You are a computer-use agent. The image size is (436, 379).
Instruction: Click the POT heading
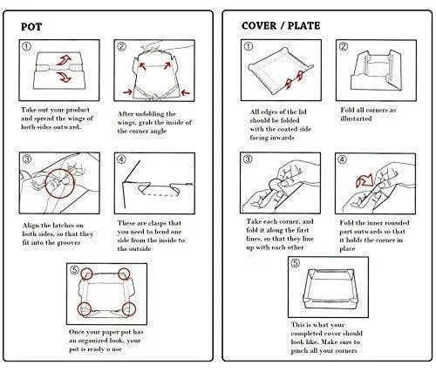[x=31, y=27]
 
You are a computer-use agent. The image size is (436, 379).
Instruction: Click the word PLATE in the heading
[x=303, y=25]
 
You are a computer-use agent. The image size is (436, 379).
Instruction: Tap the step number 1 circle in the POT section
[x=26, y=46]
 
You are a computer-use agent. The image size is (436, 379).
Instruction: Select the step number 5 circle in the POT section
[x=74, y=270]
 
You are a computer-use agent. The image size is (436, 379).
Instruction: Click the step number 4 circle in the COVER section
[x=342, y=159]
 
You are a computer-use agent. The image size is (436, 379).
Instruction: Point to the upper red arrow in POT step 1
[x=64, y=59]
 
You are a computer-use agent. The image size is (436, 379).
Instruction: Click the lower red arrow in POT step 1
[x=64, y=78]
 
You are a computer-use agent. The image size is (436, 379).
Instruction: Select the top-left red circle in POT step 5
[x=86, y=274]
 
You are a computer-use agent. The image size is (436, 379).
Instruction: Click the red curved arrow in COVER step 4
[x=364, y=180]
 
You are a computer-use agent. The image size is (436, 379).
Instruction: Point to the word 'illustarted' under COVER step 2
[x=356, y=118]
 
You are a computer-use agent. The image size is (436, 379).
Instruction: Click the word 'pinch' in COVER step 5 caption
[x=299, y=351]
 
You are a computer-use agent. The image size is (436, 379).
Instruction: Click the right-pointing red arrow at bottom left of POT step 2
[x=127, y=92]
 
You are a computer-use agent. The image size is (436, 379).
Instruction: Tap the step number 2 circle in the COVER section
[x=344, y=46]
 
